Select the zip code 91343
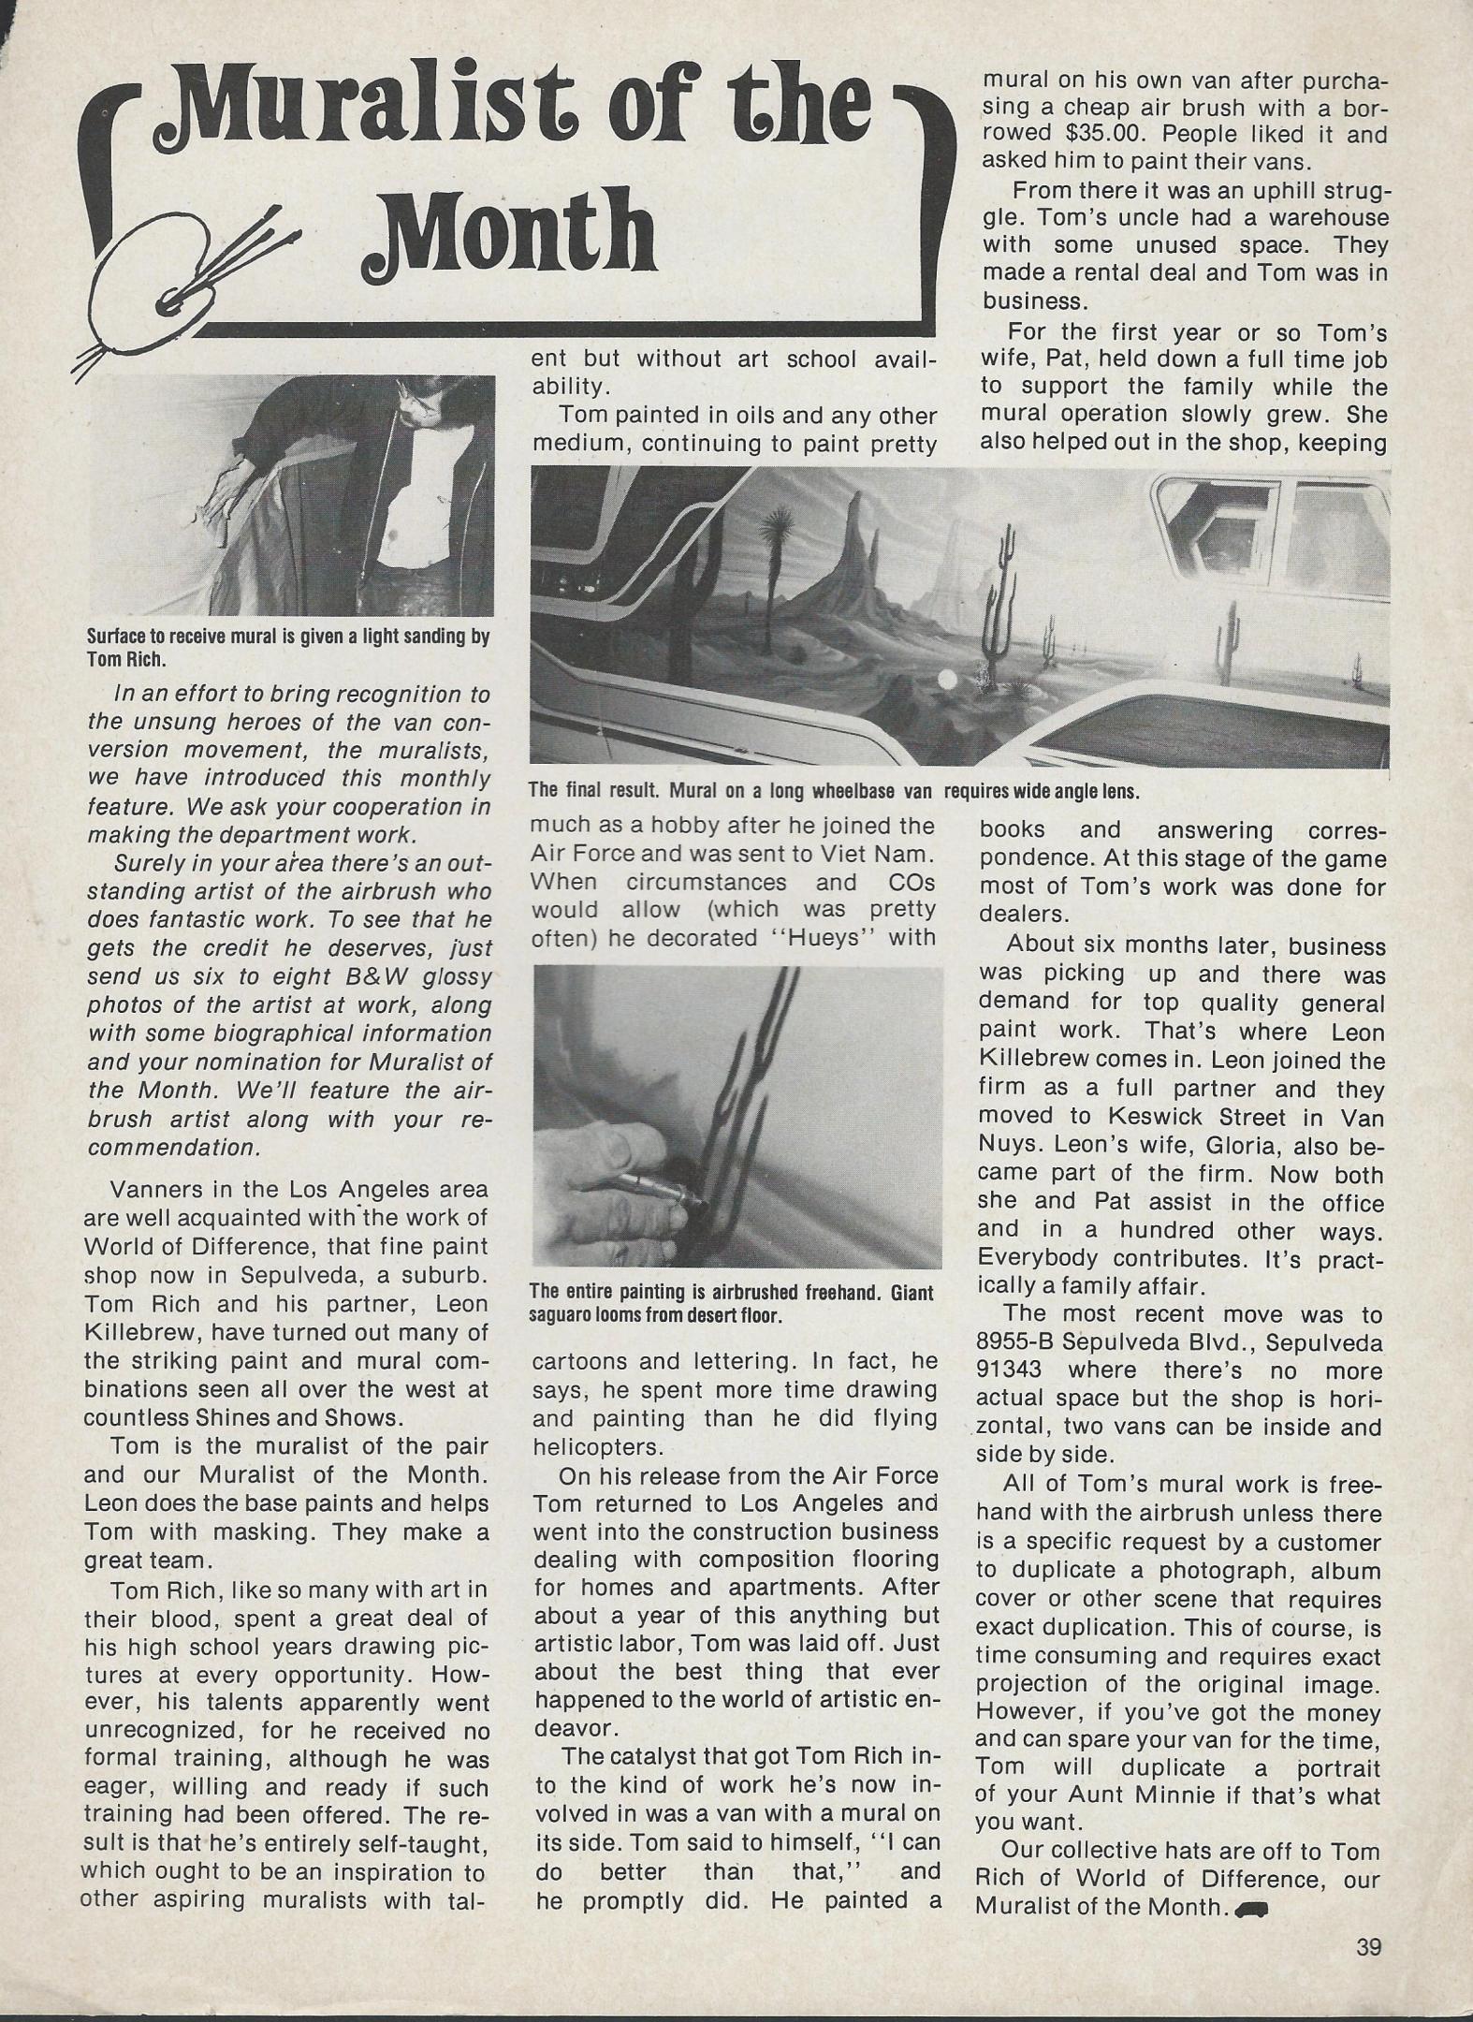tap(1023, 1370)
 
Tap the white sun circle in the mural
tap(948, 681)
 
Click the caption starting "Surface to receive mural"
tap(288, 646)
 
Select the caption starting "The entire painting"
tap(731, 1303)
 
